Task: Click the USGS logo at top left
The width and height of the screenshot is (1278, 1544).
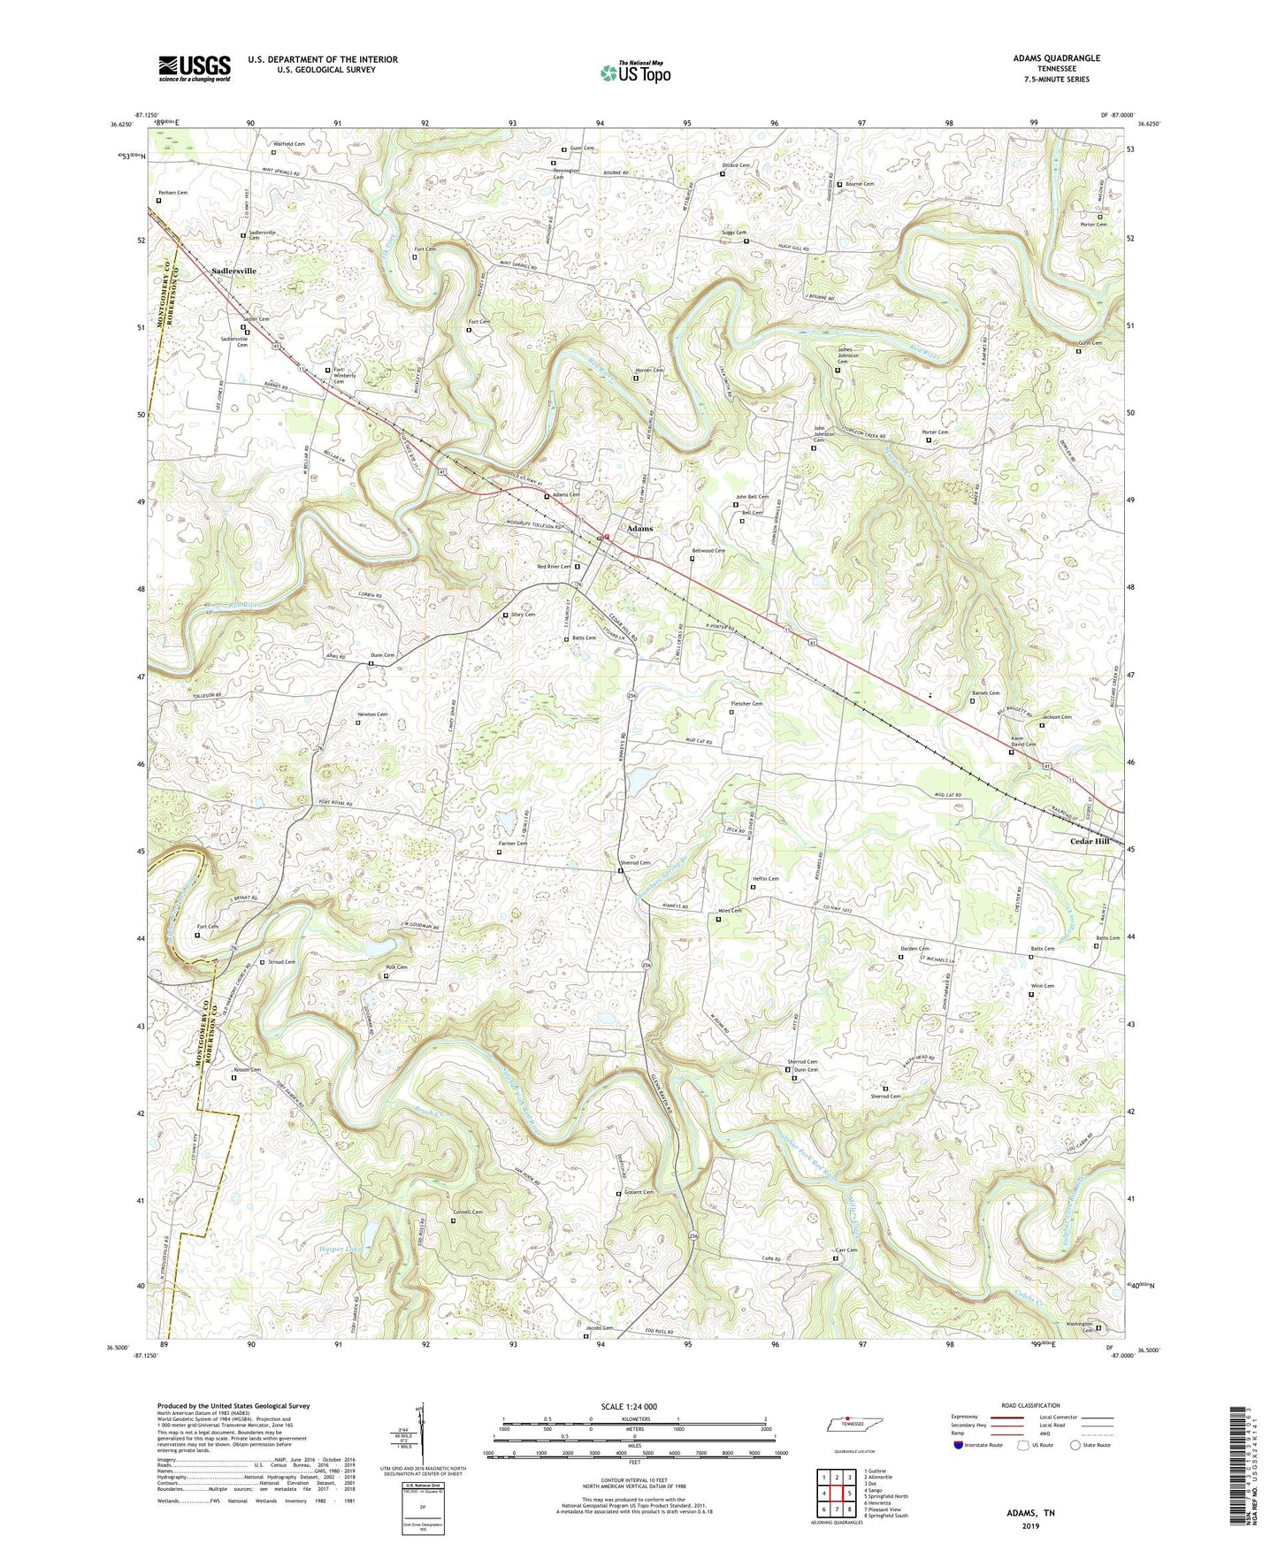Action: (x=195, y=67)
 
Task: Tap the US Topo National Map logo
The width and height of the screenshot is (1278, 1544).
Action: (x=634, y=73)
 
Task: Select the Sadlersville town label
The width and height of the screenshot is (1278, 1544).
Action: (x=233, y=271)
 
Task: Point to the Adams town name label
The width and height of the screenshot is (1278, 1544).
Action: (x=639, y=528)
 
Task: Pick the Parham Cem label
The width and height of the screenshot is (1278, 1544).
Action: (x=172, y=192)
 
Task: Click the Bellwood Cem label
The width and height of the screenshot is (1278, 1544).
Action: (x=708, y=550)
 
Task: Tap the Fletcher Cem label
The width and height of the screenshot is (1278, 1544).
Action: (x=746, y=703)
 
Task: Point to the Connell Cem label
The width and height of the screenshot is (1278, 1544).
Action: (x=468, y=1212)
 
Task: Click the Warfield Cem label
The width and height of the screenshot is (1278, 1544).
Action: (x=288, y=143)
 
